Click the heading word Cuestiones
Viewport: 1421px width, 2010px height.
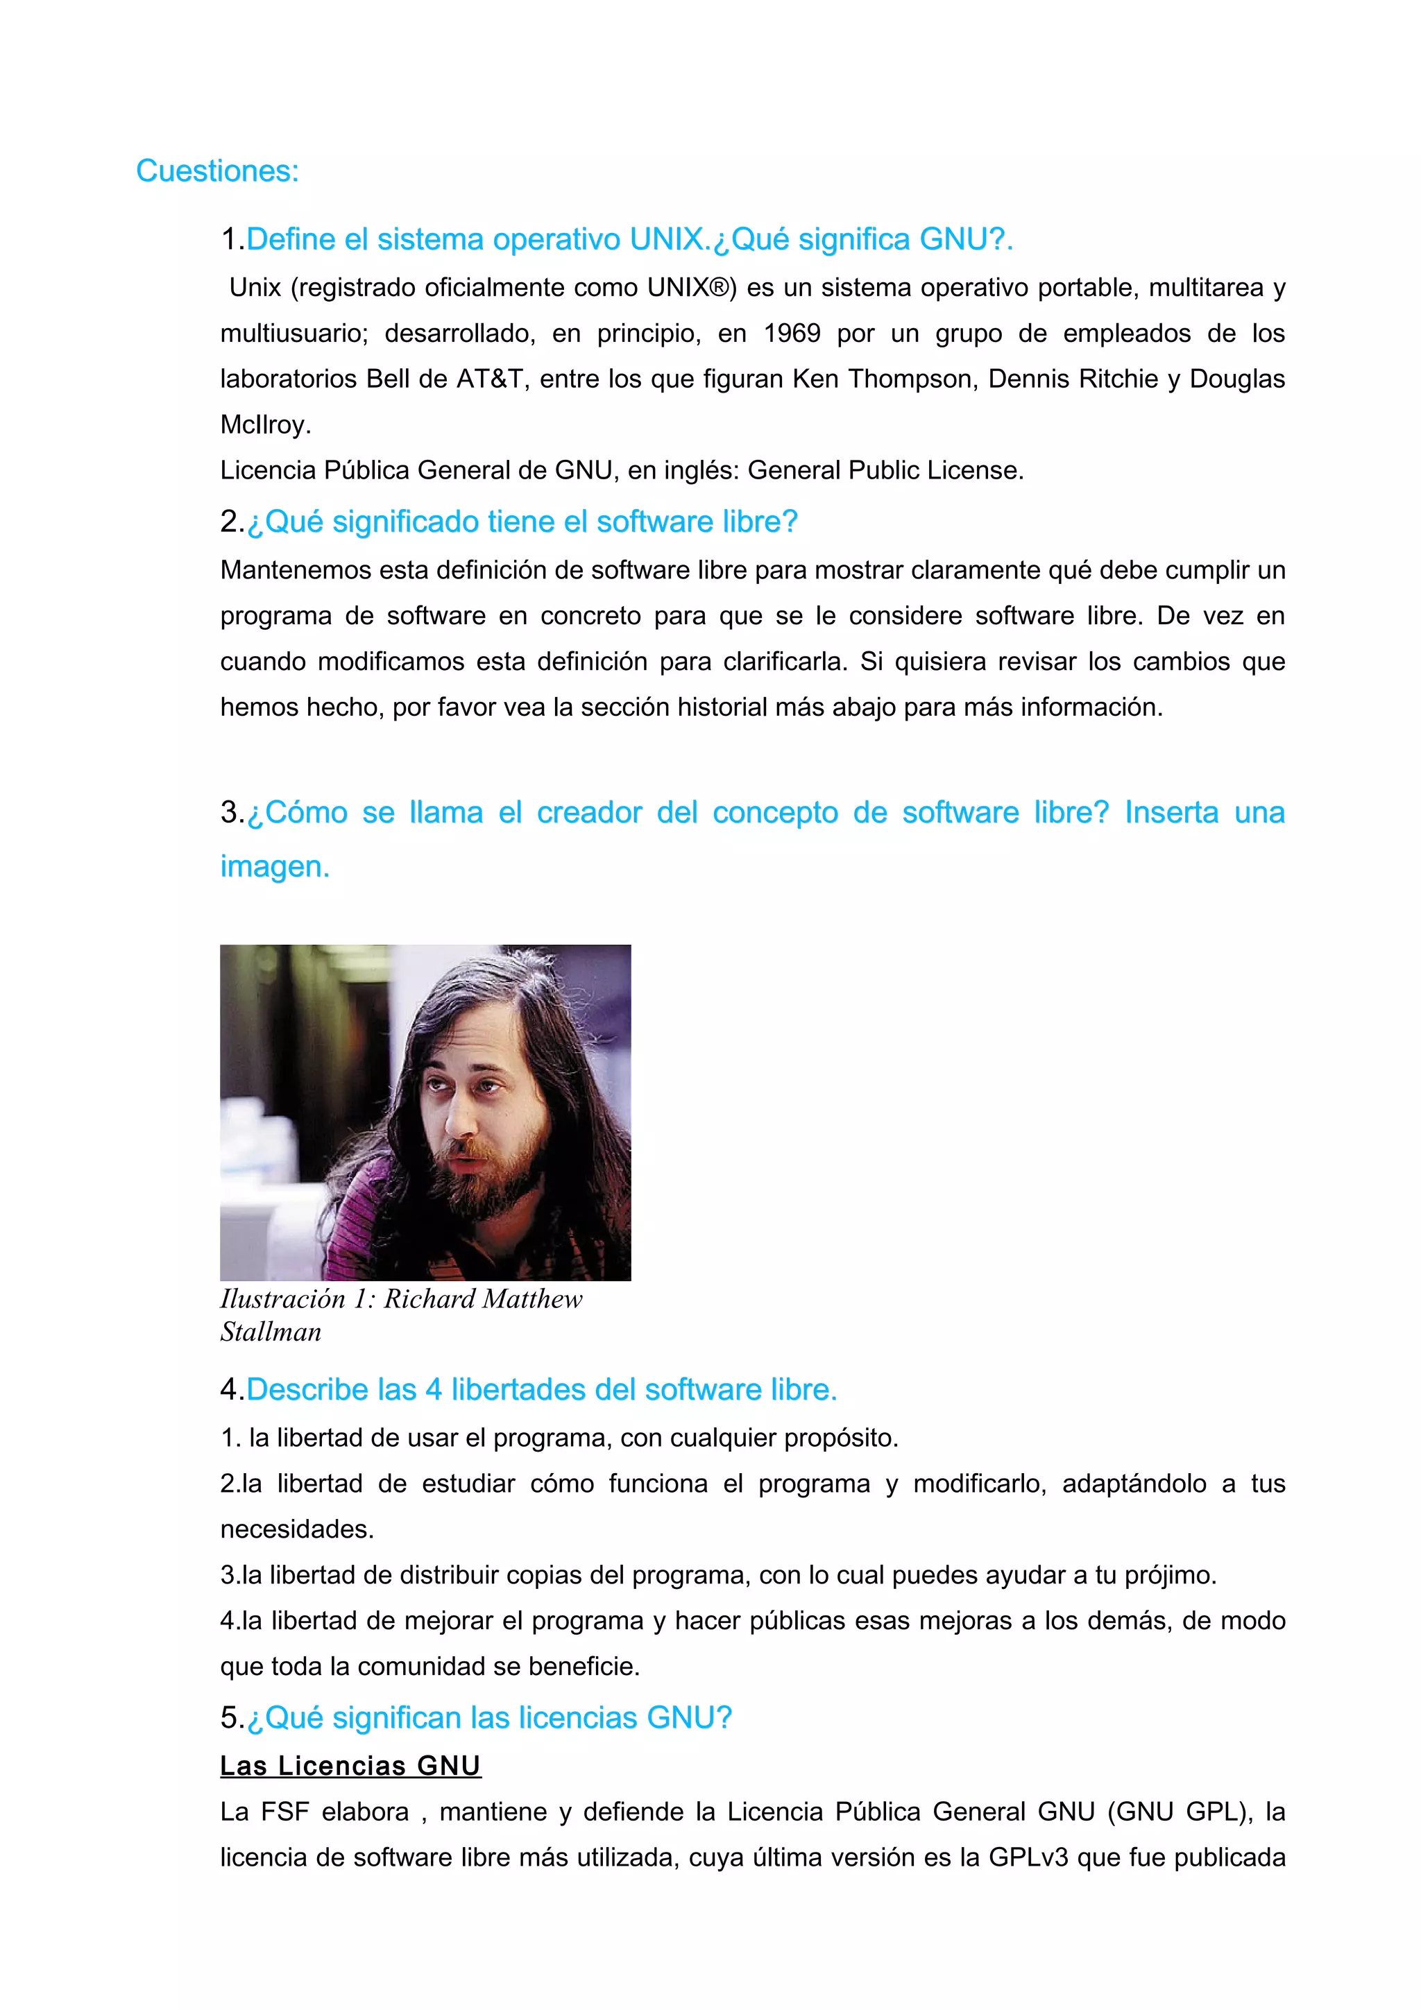click(217, 171)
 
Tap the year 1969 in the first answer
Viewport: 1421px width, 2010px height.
click(792, 334)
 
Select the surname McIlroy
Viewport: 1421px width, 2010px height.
click(264, 424)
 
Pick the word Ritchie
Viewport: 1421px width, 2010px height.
click(1111, 379)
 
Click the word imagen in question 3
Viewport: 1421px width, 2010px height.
click(274, 867)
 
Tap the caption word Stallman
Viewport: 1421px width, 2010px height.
click(271, 1332)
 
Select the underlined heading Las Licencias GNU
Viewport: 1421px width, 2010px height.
click(350, 1766)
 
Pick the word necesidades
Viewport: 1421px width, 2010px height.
click(297, 1529)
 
